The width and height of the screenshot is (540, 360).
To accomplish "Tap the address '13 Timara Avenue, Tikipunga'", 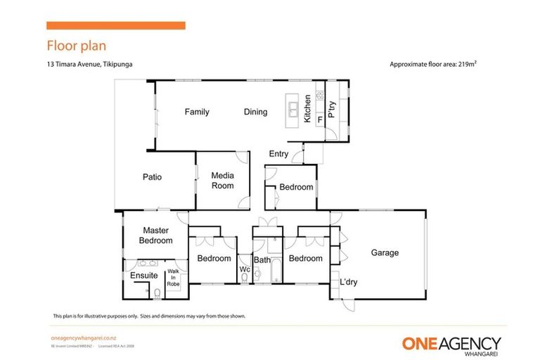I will pos(89,64).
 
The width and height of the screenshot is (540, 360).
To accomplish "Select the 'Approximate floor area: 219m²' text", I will pos(434,64).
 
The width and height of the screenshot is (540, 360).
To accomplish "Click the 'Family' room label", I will pos(197,112).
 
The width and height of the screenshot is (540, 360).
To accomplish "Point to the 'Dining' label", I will pos(255,112).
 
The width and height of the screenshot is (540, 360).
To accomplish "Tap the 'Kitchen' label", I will pos(307,109).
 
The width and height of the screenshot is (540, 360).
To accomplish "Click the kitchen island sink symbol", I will pos(292,109).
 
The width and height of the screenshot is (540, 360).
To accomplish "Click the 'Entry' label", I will pos(278,154).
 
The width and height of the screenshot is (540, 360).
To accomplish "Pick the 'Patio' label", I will pos(153,177).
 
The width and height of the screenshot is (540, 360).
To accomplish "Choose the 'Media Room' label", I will pos(223,181).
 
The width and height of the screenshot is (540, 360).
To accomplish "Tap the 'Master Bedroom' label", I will pos(155,236).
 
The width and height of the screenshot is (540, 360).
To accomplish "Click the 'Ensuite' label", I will pos(143,276).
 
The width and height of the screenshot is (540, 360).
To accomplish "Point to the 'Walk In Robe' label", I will pos(173,277).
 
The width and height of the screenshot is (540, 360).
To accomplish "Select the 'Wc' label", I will pos(245,269).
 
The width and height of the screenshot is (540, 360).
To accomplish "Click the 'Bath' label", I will pos(262,260).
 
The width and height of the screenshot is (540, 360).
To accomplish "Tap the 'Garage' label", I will pos(385,253).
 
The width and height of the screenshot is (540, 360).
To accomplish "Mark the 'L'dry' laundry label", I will pos(350,283).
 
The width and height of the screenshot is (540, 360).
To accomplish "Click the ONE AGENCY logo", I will pos(451,344).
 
